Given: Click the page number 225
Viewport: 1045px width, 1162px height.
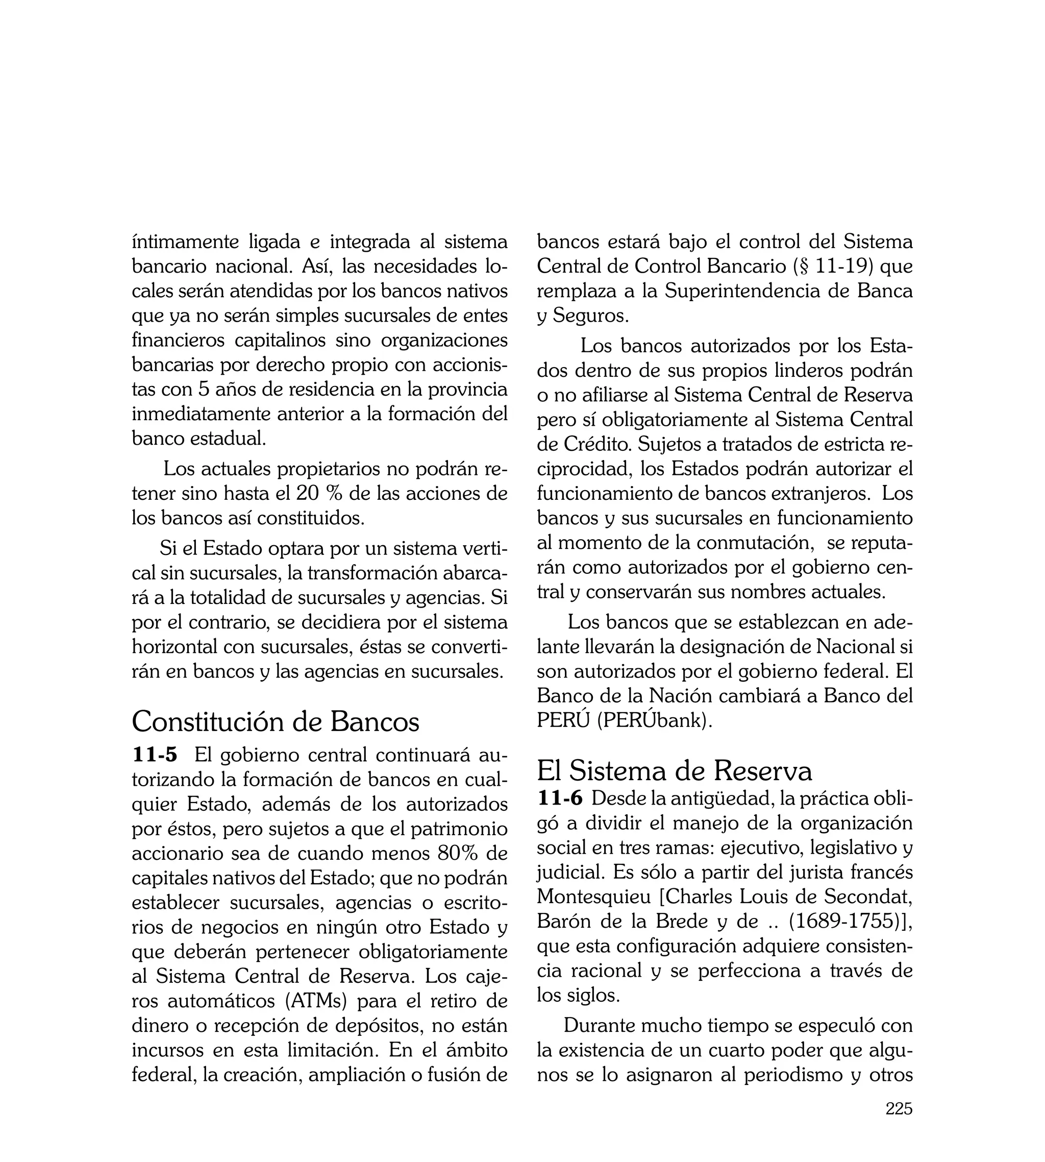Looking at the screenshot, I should (x=899, y=1124).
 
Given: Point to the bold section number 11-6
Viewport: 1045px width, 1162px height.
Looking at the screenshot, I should (x=560, y=798).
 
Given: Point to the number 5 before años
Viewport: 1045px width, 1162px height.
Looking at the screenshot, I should (x=203, y=390).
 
